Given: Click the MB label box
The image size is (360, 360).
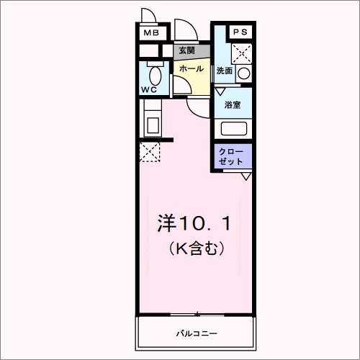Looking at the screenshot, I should tap(150, 32).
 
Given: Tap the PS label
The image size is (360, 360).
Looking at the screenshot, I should tap(240, 32).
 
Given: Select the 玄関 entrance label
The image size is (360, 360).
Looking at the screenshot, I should tap(187, 53).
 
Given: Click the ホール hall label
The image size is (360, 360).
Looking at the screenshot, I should tap(190, 69).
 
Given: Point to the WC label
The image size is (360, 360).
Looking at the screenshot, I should tap(149, 89).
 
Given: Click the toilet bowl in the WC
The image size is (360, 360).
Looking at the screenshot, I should tap(153, 76).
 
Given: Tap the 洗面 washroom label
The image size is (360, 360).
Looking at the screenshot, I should tap(225, 71).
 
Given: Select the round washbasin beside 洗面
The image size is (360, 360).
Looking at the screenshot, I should tap(244, 73).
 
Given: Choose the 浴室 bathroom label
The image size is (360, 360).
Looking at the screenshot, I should tap(233, 105).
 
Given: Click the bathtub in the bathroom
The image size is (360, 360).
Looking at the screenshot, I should tap(233, 129).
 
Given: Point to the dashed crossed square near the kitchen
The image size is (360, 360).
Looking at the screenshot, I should tap(150, 153).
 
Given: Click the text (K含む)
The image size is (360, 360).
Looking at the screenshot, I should tap(194, 249).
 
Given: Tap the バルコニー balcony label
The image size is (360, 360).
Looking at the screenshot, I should tap(197, 333).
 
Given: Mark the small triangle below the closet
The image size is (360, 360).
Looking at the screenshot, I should tap(246, 176).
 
